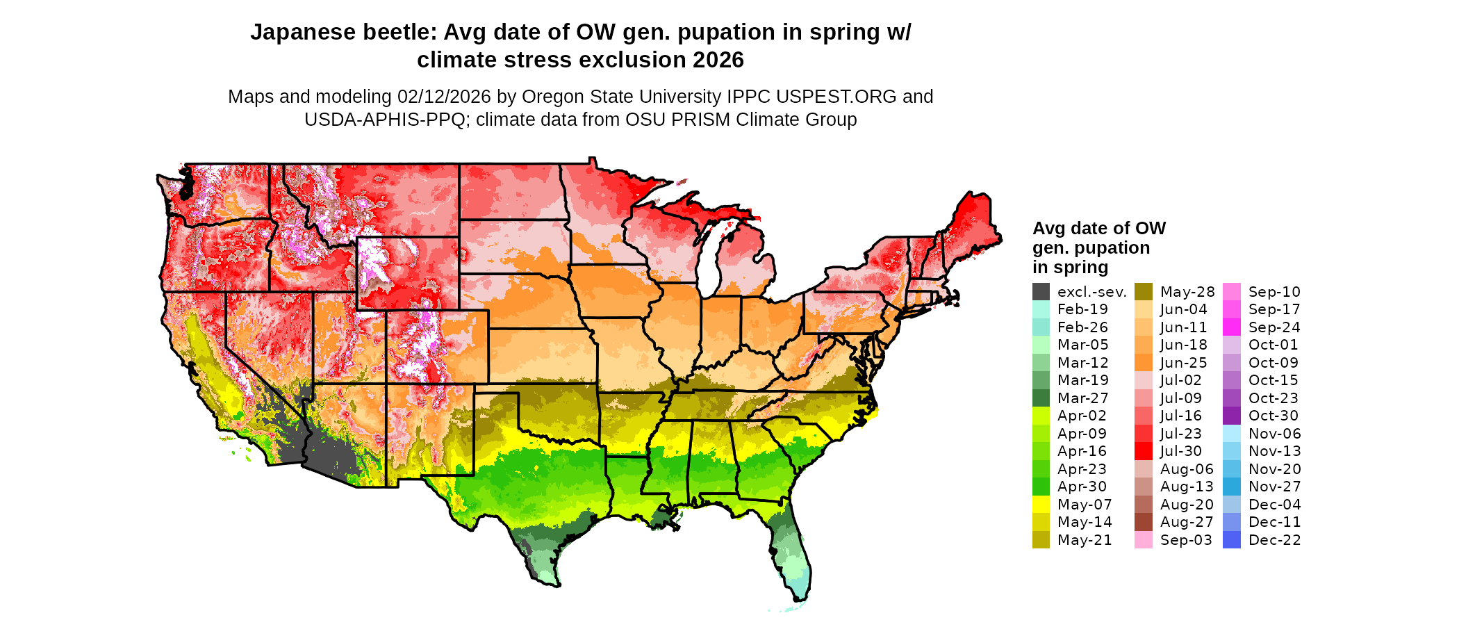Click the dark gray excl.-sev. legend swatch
(x=1041, y=292)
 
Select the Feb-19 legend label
(x=1082, y=309)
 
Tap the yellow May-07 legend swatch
(x=1041, y=505)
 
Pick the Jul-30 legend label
(x=1180, y=451)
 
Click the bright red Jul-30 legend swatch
(x=1143, y=451)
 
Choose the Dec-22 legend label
(x=1274, y=540)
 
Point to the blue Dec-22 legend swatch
(x=1231, y=540)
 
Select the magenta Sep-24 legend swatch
(x=1231, y=327)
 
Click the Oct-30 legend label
(x=1273, y=416)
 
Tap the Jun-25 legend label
(x=1183, y=363)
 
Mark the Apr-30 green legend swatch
(x=1041, y=487)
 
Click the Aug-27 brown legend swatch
(x=1143, y=522)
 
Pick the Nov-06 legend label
(x=1274, y=434)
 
